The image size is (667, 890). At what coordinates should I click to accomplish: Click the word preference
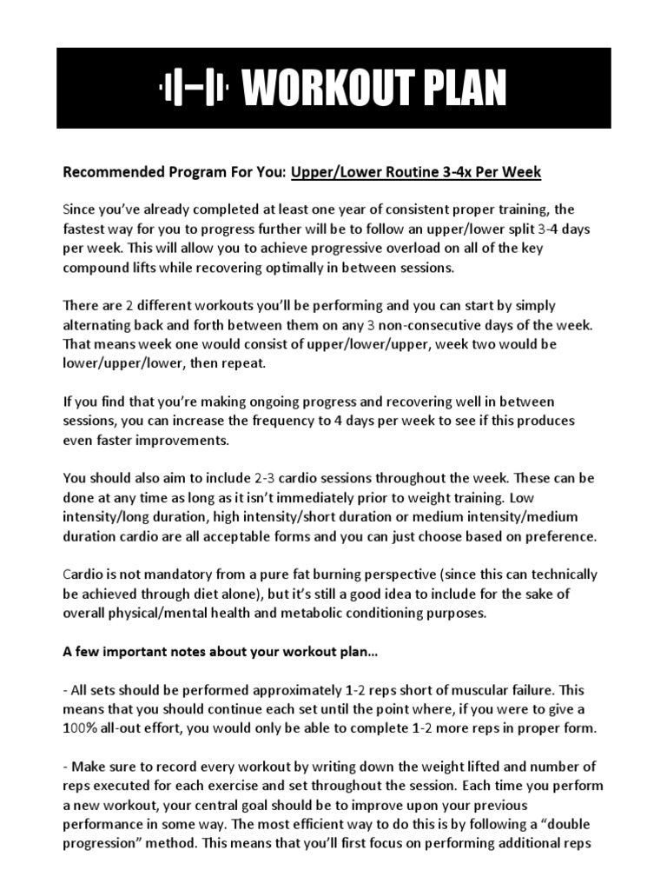pyautogui.click(x=561, y=535)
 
